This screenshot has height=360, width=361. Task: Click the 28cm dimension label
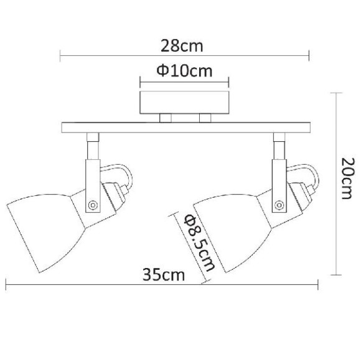(185, 46)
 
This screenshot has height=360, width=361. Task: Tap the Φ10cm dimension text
(184, 71)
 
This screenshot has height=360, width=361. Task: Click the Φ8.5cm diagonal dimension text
(195, 243)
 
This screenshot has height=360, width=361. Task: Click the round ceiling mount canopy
(185, 102)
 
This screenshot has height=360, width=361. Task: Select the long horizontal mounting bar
(185, 129)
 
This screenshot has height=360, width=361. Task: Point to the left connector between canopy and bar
(166, 118)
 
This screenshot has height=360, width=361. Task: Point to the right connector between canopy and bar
(205, 118)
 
